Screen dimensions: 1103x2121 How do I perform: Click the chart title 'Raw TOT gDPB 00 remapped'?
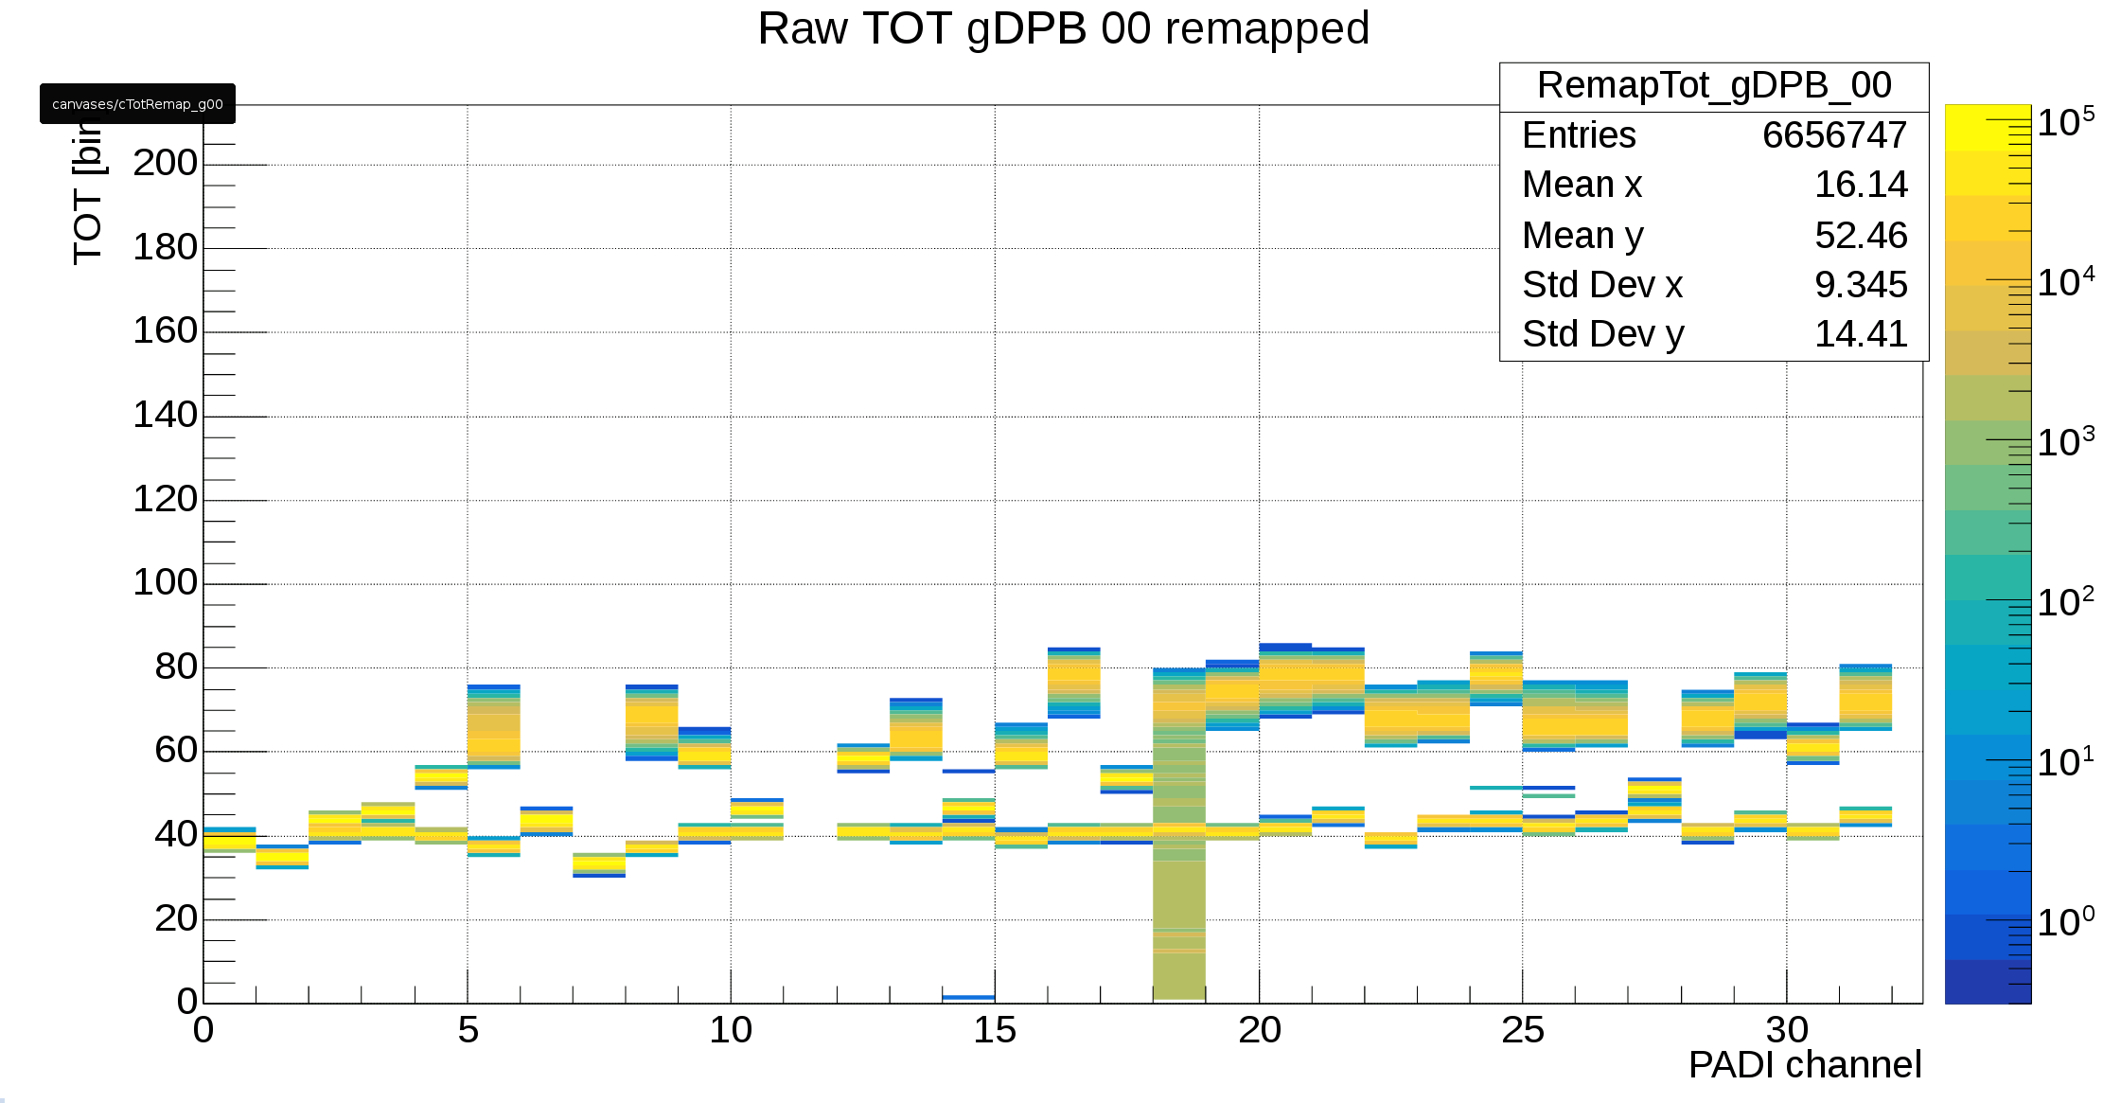[x=1063, y=28]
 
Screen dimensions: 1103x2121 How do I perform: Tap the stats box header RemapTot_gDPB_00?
[x=1713, y=86]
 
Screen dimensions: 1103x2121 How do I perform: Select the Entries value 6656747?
[x=1833, y=135]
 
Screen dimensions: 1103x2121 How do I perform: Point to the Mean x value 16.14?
[x=1860, y=185]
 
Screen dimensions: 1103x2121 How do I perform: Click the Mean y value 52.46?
[x=1860, y=235]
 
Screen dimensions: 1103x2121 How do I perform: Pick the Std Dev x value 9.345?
[x=1860, y=285]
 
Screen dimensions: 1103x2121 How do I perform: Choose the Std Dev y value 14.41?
[x=1860, y=334]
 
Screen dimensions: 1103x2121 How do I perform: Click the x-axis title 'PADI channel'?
[x=1804, y=1065]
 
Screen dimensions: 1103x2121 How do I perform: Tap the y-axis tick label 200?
[x=166, y=163]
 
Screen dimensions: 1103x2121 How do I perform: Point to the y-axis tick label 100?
[x=166, y=582]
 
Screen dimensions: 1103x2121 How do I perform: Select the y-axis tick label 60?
[x=176, y=750]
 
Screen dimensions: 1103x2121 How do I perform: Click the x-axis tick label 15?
[x=995, y=1030]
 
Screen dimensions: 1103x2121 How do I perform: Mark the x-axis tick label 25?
[x=1522, y=1030]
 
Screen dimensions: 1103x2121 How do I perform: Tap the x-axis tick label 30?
[x=1787, y=1030]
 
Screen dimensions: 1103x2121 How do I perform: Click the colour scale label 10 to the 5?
[x=2065, y=122]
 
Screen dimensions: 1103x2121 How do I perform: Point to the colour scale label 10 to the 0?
[x=2065, y=922]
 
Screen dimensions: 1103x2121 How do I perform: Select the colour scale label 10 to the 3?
[x=2065, y=442]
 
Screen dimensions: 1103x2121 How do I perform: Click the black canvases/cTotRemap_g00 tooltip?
[x=137, y=104]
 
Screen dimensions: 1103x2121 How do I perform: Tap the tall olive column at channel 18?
[x=1179, y=909]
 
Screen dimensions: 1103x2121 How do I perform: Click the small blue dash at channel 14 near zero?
[x=968, y=997]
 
